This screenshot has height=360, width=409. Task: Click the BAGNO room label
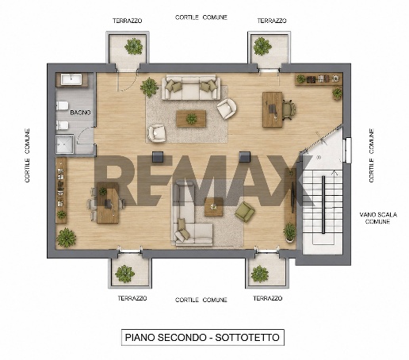(80, 113)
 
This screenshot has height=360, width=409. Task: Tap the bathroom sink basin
(71, 79)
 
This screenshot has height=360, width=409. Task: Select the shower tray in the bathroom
(65, 144)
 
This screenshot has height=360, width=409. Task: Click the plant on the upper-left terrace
(134, 47)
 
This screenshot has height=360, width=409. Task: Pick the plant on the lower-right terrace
(260, 274)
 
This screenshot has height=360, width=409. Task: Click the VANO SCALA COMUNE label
(378, 218)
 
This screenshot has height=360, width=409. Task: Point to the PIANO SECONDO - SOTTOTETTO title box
(203, 337)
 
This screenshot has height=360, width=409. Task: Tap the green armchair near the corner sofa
(245, 212)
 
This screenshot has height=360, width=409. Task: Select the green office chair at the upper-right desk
(289, 109)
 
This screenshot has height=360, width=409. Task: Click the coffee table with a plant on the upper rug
(191, 119)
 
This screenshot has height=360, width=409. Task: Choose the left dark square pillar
(159, 157)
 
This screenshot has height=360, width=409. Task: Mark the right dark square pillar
(245, 157)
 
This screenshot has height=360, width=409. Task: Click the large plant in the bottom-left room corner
(66, 238)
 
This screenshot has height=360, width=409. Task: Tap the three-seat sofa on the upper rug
(191, 87)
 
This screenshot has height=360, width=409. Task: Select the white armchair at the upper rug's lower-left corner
(157, 132)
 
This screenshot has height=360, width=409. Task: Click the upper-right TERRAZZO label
(272, 21)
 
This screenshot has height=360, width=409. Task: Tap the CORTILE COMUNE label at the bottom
(201, 300)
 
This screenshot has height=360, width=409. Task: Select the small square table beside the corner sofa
(214, 207)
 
